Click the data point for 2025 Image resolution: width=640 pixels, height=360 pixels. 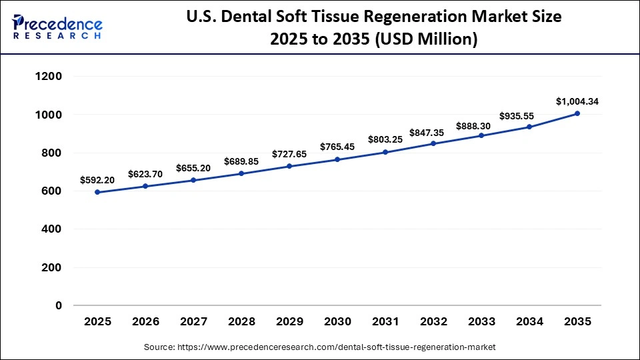pos(97,192)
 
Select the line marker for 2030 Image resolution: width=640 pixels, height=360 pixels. pos(337,159)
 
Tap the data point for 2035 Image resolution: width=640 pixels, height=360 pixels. pos(577,113)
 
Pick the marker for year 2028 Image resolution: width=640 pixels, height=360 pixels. pos(241,173)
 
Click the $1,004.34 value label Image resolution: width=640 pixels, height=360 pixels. pos(577,101)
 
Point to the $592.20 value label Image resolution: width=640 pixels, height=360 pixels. pos(97,179)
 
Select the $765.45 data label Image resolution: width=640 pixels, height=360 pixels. pos(337,146)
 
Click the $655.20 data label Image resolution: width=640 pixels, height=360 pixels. pos(193,168)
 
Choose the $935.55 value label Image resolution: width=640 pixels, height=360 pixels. pos(529,115)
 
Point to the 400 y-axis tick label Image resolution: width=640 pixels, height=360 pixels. pos(51,229)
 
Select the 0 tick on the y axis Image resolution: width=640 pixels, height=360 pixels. pos(59,305)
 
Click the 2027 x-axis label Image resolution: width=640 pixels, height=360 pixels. pos(193,322)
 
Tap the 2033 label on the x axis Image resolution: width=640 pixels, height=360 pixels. pos(481,322)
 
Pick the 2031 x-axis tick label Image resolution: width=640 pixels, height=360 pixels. pos(385,322)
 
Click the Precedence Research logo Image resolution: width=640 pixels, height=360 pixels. pos(57,27)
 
